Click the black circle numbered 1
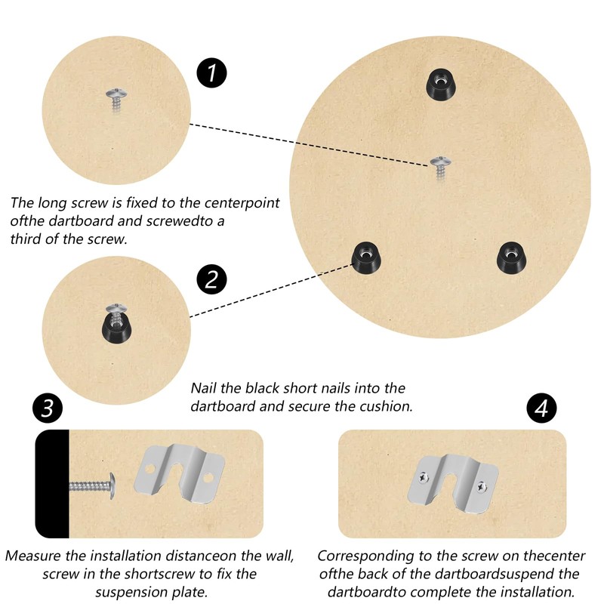tap(211, 72)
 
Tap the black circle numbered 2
tap(211, 279)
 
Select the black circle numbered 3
tap(48, 408)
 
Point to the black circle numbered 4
tap(541, 408)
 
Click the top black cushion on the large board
tap(441, 84)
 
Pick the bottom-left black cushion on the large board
tap(366, 257)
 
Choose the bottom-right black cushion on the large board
tap(512, 257)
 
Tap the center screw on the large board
tap(440, 167)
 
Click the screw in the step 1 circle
tap(116, 100)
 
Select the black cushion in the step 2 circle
tap(116, 329)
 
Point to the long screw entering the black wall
tap(92, 486)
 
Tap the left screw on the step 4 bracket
tap(424, 478)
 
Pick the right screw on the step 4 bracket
tap(481, 487)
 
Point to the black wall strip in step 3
tap(52, 484)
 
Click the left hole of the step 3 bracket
tap(149, 469)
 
